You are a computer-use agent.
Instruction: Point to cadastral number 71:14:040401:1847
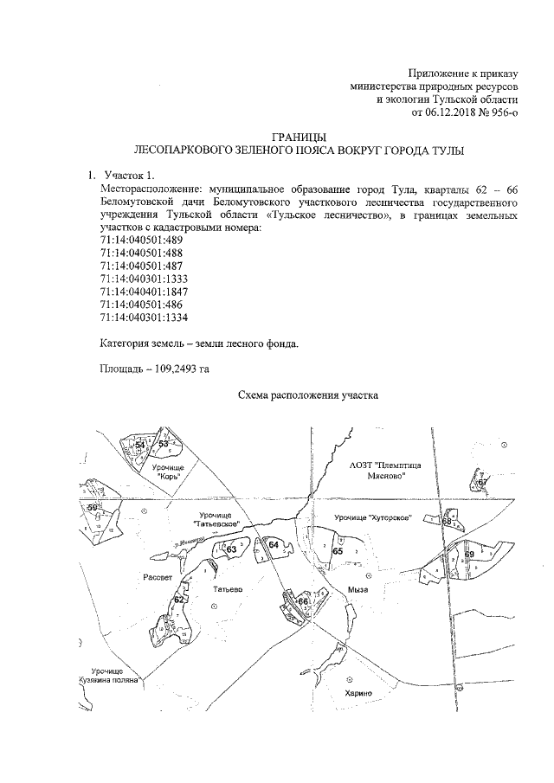click(145, 292)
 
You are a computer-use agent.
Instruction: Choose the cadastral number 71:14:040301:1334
click(145, 318)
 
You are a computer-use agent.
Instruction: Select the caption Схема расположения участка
click(308, 397)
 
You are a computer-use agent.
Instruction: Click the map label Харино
click(355, 693)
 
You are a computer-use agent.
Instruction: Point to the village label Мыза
click(358, 589)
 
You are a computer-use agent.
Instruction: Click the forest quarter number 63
click(231, 549)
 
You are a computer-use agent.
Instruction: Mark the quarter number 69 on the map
click(470, 554)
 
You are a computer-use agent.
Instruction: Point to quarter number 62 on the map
click(179, 599)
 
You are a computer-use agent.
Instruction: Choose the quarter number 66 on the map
click(303, 601)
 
